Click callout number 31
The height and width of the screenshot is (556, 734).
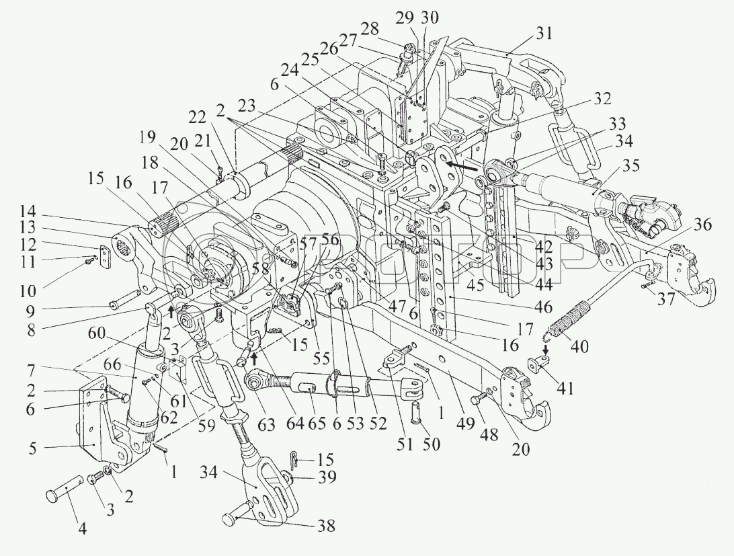tap(543, 34)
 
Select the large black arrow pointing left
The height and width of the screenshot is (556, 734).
tap(461, 165)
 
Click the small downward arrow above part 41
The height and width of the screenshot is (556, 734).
tap(546, 350)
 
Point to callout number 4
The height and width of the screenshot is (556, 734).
tap(82, 529)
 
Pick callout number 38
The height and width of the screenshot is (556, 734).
tap(326, 526)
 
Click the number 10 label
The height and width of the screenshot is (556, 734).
tap(27, 291)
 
